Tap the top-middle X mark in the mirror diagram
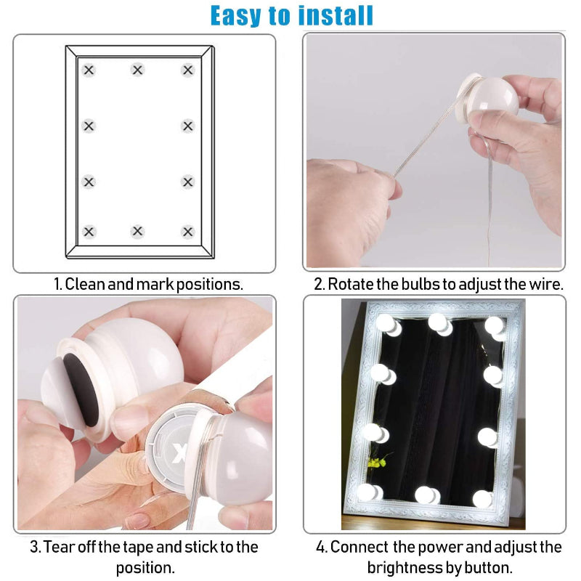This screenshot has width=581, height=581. (x=138, y=70)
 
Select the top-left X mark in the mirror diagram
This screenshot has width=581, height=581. (x=89, y=70)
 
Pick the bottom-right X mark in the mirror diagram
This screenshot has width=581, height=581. (x=188, y=232)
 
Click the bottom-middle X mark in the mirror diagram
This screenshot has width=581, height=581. (x=138, y=232)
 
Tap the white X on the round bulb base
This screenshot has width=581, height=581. (x=181, y=455)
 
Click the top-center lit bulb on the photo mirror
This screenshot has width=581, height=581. (x=438, y=322)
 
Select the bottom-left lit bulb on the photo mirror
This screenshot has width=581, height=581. (x=368, y=492)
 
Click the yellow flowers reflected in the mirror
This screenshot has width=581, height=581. (x=376, y=460)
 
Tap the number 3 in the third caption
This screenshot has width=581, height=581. (x=33, y=547)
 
